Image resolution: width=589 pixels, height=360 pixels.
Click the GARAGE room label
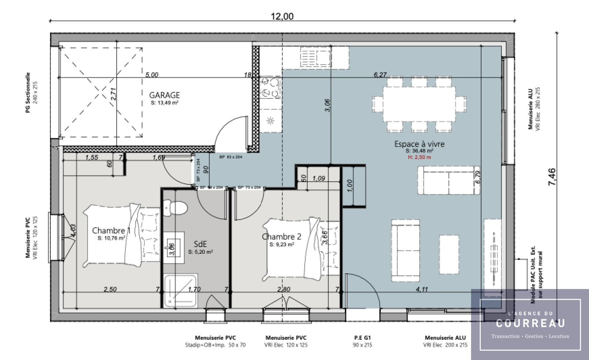(164, 95)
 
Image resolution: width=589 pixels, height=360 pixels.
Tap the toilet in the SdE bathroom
(176, 208)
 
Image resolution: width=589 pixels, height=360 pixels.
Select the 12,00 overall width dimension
(282, 16)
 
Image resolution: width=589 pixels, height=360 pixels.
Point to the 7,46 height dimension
(552, 177)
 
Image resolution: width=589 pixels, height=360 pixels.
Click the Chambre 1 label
(111, 230)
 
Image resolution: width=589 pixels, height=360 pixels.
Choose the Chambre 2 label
(282, 237)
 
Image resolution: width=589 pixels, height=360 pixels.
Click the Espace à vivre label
(419, 144)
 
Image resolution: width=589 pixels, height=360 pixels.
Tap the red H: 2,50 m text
(419, 157)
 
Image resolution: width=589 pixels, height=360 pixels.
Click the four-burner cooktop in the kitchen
(270, 88)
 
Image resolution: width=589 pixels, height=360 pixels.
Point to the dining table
(419, 104)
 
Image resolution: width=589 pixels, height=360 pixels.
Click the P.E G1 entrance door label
(362, 338)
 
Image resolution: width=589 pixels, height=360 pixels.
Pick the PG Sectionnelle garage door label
(28, 92)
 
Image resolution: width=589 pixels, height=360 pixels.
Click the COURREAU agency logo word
(530, 323)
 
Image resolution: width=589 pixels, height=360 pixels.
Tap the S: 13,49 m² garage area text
(164, 103)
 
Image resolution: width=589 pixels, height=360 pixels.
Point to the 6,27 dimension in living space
(380, 75)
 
